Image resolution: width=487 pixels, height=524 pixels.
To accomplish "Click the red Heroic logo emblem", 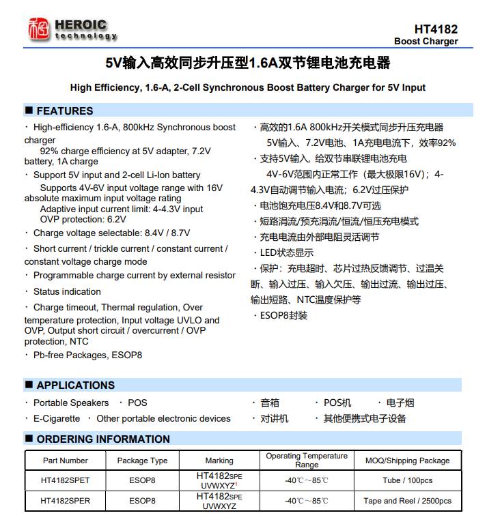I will pyautogui.click(x=39, y=29).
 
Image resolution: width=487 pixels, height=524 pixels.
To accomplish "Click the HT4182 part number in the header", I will pyautogui.click(x=436, y=29).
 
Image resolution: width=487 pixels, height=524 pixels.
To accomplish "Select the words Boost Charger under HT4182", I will pyautogui.click(x=426, y=42).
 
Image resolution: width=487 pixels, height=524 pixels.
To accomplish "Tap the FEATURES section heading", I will pyautogui.click(x=64, y=111).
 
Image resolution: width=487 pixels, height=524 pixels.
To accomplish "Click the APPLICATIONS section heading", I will pyautogui.click(x=75, y=385).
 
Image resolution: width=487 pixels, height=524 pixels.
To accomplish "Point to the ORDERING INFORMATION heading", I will pyautogui.click(x=102, y=439).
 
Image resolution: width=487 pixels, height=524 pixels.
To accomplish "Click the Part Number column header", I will pyautogui.click(x=66, y=461).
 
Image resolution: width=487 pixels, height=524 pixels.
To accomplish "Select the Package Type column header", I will pyautogui.click(x=142, y=461).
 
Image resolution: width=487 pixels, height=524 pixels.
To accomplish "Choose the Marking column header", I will pyautogui.click(x=219, y=461).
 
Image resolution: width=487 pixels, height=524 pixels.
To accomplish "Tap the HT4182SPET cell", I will pyautogui.click(x=66, y=480).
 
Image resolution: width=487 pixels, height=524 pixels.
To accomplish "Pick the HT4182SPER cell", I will pyautogui.click(x=66, y=501).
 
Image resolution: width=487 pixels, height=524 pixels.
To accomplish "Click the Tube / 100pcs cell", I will pyautogui.click(x=407, y=480).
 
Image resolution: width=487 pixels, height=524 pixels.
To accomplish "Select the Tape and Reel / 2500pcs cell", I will pyautogui.click(x=407, y=501).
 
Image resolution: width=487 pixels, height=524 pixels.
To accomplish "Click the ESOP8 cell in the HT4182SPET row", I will pyautogui.click(x=142, y=480).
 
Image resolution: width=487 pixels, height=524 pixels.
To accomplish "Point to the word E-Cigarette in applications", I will pyautogui.click(x=57, y=418).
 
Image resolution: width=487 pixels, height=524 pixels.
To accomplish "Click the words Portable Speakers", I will pyautogui.click(x=71, y=403).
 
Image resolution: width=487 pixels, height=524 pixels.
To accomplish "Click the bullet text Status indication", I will pyautogui.click(x=67, y=291).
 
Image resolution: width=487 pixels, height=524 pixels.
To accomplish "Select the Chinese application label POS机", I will pyautogui.click(x=337, y=403).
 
